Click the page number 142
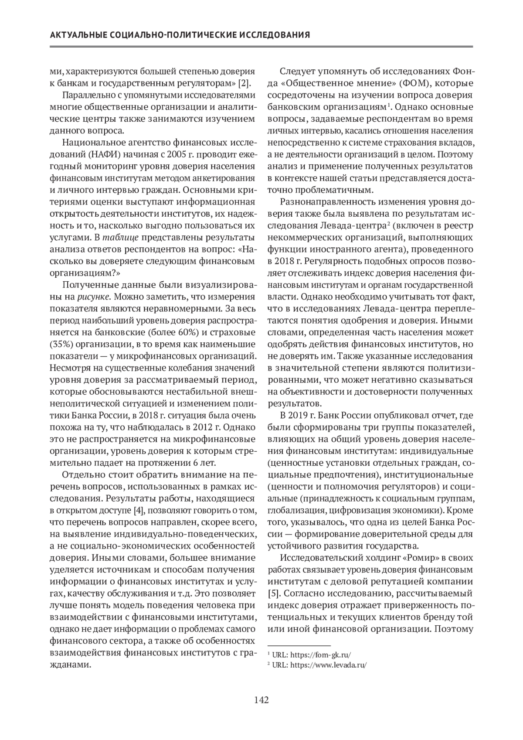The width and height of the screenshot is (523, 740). pos(261,700)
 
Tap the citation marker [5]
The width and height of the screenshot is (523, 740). pos(273,593)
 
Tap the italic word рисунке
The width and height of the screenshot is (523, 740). pos(93,297)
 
